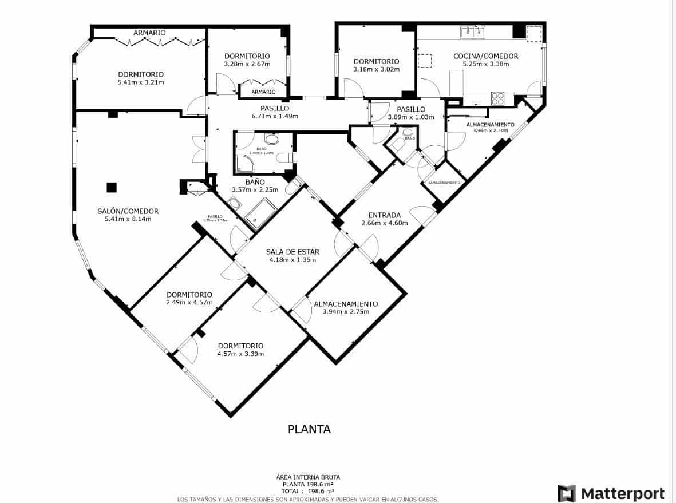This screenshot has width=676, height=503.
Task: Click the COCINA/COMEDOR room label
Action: [485, 56]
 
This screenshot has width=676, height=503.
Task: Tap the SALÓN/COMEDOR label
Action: [128, 211]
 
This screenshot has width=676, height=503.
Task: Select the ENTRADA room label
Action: [384, 215]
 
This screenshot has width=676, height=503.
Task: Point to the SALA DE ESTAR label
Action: [292, 252]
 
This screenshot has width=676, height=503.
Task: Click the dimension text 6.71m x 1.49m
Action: [275, 116]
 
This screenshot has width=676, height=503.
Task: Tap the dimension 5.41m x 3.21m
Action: [141, 82]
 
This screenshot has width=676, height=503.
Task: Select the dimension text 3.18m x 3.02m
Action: [376, 69]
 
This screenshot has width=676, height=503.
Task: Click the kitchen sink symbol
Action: [473, 31]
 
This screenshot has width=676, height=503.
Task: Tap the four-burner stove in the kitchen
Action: [497, 98]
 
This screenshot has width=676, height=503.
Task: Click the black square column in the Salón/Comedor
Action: [111, 187]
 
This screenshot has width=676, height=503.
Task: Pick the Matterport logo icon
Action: [566, 493]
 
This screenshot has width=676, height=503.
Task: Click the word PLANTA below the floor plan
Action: [309, 429]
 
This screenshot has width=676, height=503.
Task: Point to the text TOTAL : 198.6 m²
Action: [309, 491]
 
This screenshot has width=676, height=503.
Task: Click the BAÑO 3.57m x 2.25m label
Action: [255, 186]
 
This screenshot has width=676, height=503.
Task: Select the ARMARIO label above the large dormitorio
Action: [149, 33]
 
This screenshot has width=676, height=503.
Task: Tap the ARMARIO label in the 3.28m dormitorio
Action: [263, 92]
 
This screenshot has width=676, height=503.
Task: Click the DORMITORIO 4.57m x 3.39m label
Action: [240, 350]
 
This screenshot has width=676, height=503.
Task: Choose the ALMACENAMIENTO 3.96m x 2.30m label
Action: [490, 127]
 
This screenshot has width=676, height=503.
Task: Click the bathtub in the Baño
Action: [261, 212]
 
